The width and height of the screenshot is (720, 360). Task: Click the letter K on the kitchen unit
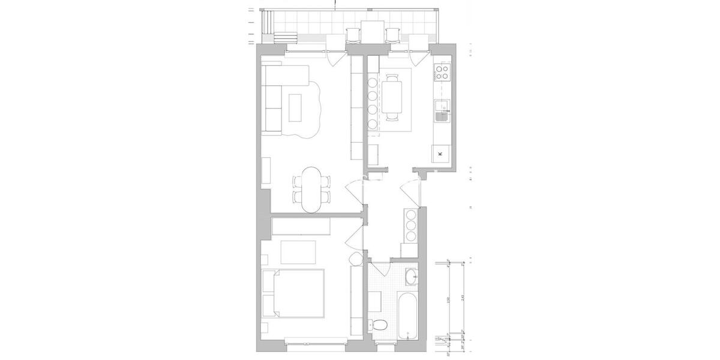(x=440, y=154)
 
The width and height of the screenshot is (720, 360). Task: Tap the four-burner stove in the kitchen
(x=442, y=72)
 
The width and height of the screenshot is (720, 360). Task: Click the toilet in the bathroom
(x=379, y=326)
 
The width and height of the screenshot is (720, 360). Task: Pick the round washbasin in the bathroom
(x=412, y=277)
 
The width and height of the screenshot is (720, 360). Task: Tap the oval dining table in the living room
(x=311, y=190)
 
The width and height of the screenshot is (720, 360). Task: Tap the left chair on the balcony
(x=353, y=35)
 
